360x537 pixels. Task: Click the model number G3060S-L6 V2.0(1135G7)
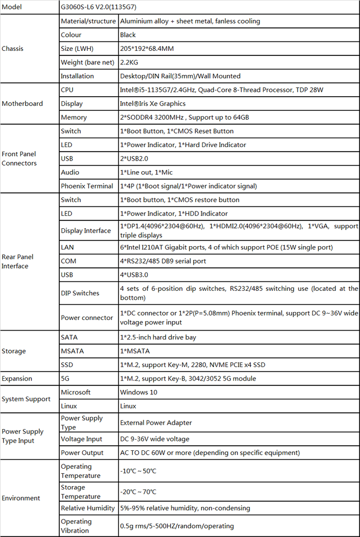coord(101,7)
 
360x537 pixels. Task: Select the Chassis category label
coord(13,49)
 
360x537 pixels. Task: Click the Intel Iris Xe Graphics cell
coord(153,103)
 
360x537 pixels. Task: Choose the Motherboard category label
coord(22,103)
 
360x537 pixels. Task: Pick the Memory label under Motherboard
coord(74,117)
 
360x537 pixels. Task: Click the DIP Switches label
coord(80,293)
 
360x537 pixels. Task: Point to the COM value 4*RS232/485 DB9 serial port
coord(171,261)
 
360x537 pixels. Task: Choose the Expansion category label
coord(17,379)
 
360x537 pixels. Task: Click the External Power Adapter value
coord(156,422)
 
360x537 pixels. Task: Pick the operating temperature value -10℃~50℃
coord(138,471)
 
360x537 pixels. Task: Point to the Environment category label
coord(21,498)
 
